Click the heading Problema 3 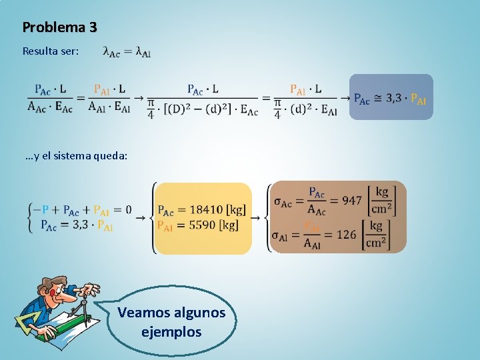[x=60, y=27]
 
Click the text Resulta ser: [x=51, y=51]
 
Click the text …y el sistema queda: [x=75, y=155]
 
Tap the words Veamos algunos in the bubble [x=171, y=313]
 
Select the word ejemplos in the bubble [x=171, y=331]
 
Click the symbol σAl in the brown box [x=282, y=235]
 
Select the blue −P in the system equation [x=41, y=210]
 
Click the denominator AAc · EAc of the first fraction [x=50, y=106]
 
